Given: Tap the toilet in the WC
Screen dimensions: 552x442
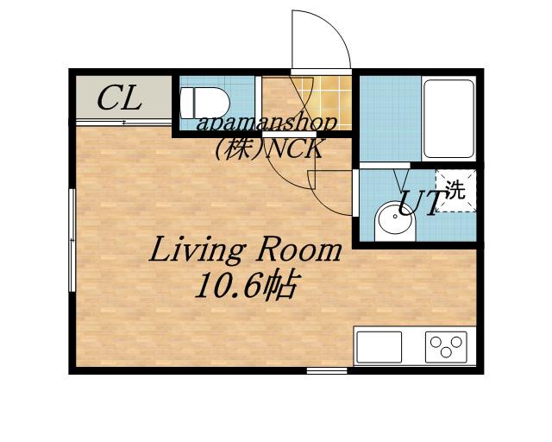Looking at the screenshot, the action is pyautogui.click(x=204, y=104).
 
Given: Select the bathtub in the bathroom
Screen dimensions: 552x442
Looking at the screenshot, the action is pyautogui.click(x=448, y=118).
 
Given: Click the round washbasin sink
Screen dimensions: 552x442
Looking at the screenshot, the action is pyautogui.click(x=395, y=222).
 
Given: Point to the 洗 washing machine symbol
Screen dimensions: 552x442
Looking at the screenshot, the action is pyautogui.click(x=456, y=191).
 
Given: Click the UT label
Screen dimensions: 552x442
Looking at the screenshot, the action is pyautogui.click(x=419, y=203).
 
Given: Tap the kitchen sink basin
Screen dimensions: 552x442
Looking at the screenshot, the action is pyautogui.click(x=379, y=347).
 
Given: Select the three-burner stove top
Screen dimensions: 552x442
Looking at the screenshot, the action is pyautogui.click(x=446, y=347).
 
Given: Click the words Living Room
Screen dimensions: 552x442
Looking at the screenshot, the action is pyautogui.click(x=245, y=250).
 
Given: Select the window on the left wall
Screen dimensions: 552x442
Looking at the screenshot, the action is pyautogui.click(x=72, y=240).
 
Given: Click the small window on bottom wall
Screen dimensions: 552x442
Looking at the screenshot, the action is pyautogui.click(x=327, y=370).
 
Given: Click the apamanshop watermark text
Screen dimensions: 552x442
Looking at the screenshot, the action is pyautogui.click(x=267, y=123).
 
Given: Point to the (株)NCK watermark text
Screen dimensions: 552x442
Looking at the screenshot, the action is pyautogui.click(x=268, y=148).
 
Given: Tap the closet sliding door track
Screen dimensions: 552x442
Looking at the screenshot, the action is pyautogui.click(x=123, y=123).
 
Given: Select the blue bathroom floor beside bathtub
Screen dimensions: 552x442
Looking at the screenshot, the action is pyautogui.click(x=390, y=118).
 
